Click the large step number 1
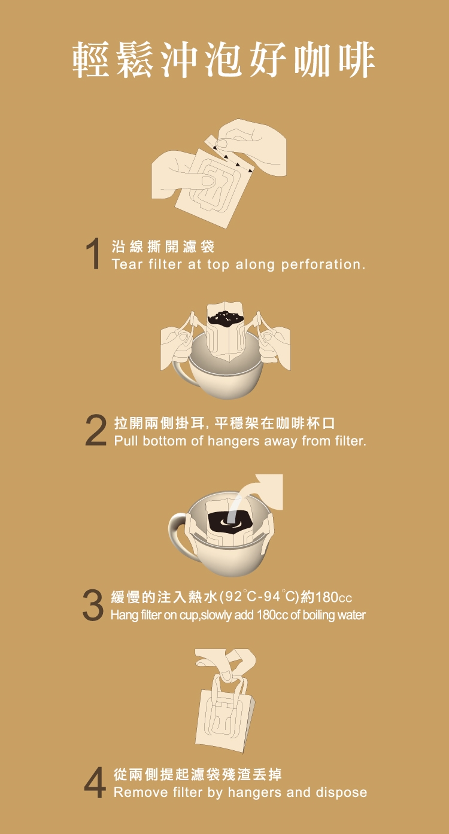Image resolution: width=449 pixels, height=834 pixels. pyautogui.click(x=93, y=254)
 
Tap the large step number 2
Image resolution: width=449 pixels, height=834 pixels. pyautogui.click(x=96, y=430)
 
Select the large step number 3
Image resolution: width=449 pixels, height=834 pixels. pyautogui.click(x=93, y=605)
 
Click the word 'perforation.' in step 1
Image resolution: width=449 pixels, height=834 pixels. pyautogui.click(x=323, y=265)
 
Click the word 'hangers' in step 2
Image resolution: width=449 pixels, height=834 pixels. pyautogui.click(x=233, y=442)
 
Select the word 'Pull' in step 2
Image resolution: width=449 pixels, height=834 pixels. pyautogui.click(x=126, y=441)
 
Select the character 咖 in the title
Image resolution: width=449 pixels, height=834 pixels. pyautogui.click(x=313, y=60)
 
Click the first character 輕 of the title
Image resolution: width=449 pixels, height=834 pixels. pyautogui.click(x=91, y=60)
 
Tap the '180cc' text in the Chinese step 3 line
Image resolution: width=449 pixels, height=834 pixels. pyautogui.click(x=333, y=598)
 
